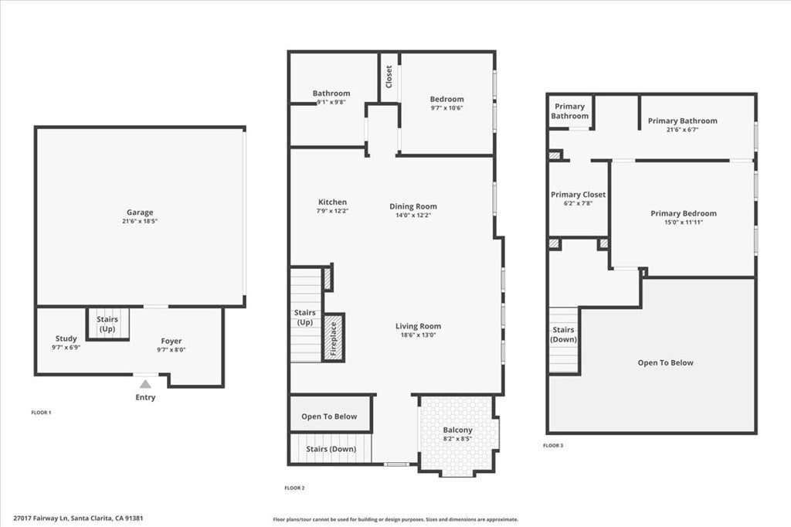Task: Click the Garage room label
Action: pos(140,212)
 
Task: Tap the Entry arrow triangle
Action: pos(145,384)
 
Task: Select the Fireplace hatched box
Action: pos(333,338)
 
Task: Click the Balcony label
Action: pos(457,430)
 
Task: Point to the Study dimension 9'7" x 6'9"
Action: pos(66,347)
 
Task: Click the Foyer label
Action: pos(171,342)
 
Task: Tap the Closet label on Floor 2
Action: pos(389,76)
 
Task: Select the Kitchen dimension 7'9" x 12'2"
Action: pos(332,211)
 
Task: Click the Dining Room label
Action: pos(413,206)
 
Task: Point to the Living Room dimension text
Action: pos(418,335)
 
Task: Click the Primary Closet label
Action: pos(578,195)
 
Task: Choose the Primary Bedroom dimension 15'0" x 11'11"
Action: pos(684,222)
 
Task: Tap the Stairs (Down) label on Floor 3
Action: pos(563,335)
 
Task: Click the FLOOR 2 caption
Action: pos(294,488)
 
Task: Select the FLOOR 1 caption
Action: pos(42,413)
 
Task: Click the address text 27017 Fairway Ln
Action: pos(40,518)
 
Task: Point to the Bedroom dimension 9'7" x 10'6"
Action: pos(446,107)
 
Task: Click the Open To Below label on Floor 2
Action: pos(329,416)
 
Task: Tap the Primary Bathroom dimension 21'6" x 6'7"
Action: pos(683,130)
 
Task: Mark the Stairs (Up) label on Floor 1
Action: pos(107,324)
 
